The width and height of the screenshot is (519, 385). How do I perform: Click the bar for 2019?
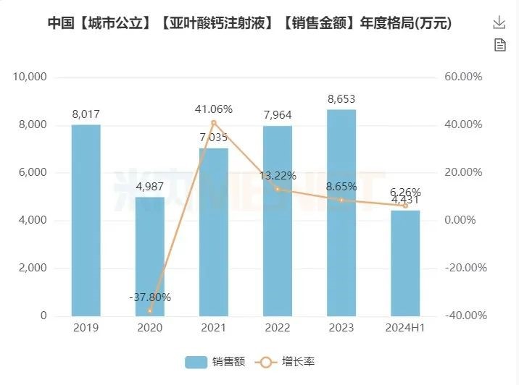tap(86, 220)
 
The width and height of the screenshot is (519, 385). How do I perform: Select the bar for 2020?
tap(149, 256)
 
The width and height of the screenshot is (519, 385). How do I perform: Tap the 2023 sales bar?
tap(341, 213)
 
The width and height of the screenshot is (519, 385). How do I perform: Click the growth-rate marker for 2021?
tap(213, 122)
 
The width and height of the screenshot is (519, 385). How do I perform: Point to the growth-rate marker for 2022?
tap(278, 189)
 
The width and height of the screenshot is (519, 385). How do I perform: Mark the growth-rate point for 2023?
tap(341, 200)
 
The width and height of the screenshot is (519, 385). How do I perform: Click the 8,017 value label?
tap(86, 114)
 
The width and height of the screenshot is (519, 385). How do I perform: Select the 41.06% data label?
tap(213, 109)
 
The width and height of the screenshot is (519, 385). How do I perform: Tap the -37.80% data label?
tap(149, 297)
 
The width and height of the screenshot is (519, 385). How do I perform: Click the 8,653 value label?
tap(341, 99)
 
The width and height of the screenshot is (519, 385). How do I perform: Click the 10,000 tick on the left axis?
tap(30, 77)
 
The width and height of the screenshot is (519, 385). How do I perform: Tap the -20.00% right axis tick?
tap(462, 268)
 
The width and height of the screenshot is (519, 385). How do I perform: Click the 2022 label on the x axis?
tap(278, 328)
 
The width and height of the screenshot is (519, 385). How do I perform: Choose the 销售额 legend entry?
tap(215, 361)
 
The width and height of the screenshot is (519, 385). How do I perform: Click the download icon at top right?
tap(499, 23)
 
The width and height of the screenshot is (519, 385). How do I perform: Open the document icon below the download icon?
tap(499, 45)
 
